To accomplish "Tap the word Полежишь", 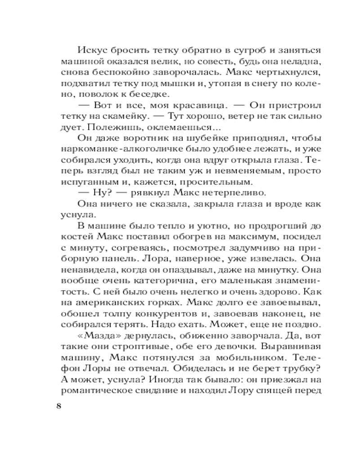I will coord(105,128).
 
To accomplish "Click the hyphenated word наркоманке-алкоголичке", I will coord(113,150).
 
